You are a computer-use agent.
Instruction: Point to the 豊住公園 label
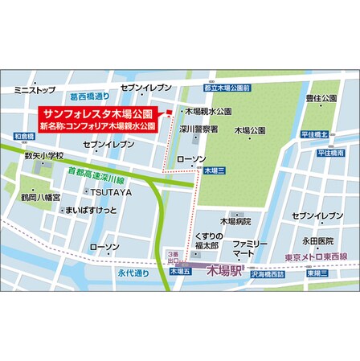pyautogui.click(x=321, y=98)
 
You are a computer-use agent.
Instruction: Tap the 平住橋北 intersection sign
pyautogui.click(x=316, y=135)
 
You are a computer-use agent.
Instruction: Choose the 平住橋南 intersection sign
pyautogui.click(x=330, y=152)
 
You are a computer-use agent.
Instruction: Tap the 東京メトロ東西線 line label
pyautogui.click(x=316, y=257)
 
